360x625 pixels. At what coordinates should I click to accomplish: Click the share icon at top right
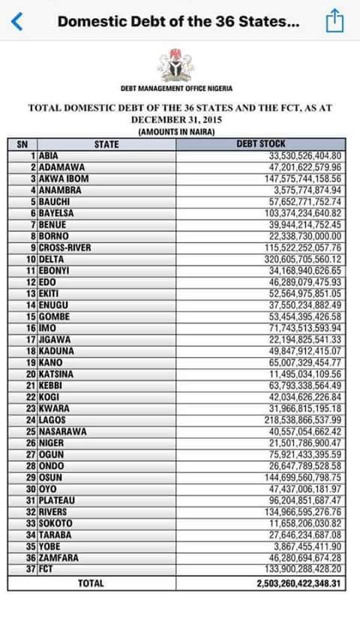(x=334, y=22)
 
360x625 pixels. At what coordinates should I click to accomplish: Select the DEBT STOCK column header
(x=261, y=143)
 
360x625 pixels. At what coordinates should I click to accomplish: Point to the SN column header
(x=22, y=143)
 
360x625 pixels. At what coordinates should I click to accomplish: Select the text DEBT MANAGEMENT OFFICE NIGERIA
(x=176, y=89)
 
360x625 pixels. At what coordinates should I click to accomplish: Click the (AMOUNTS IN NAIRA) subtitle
(x=177, y=132)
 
